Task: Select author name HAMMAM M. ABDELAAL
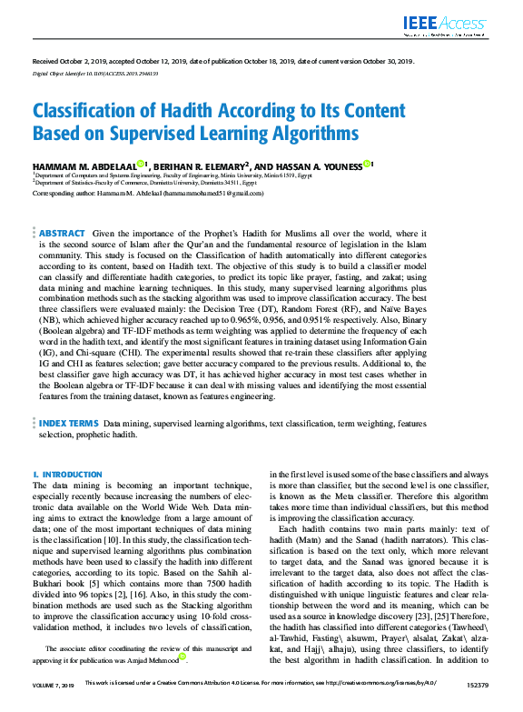[x=84, y=165]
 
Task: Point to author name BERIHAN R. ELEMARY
[x=199, y=165]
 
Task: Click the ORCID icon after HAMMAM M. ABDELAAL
[x=142, y=164]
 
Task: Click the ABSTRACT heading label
[x=63, y=235]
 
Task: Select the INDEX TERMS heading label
[x=68, y=424]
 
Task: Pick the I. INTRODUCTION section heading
[x=67, y=475]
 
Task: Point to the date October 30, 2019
[x=383, y=61]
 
